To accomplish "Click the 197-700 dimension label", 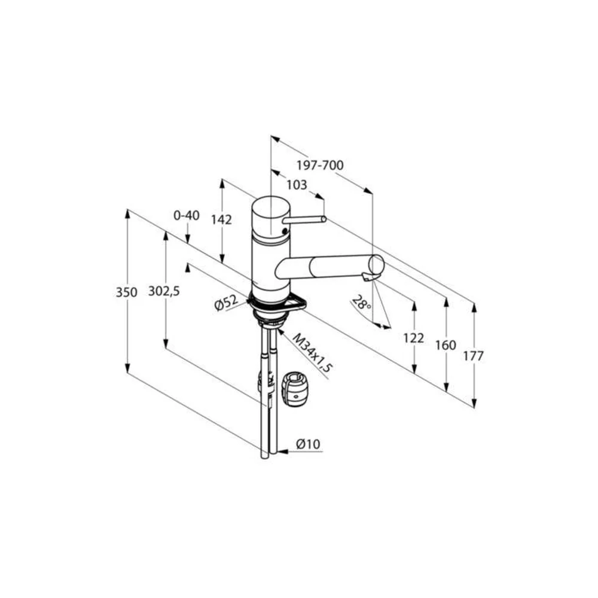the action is tap(320, 165).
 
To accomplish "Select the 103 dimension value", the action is tap(297, 185).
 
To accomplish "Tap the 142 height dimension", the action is tap(222, 219).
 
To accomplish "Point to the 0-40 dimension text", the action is tap(187, 215).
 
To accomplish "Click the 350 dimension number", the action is tap(127, 292).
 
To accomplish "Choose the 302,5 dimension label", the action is tap(164, 291).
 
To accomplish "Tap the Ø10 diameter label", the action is tap(308, 444).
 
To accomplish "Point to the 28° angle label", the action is tap(361, 303).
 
